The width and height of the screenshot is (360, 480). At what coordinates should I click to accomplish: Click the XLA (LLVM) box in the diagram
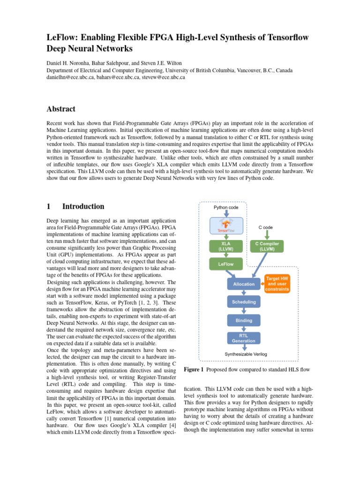point(226,246)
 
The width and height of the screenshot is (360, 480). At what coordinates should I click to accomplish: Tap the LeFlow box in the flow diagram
point(226,264)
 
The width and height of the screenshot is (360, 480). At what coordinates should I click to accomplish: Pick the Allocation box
point(244,284)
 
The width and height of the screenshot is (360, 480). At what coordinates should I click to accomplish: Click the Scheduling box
point(244,302)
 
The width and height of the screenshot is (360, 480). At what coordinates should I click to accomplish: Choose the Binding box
point(244,321)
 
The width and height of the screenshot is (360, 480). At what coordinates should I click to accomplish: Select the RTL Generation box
point(244,338)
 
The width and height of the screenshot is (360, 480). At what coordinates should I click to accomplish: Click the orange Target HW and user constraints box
point(277,284)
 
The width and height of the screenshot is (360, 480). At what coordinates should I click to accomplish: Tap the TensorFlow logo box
point(226,225)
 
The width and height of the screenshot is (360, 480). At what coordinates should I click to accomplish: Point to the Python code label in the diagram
point(226,207)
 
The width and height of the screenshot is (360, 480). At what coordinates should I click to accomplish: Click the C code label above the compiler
point(266,227)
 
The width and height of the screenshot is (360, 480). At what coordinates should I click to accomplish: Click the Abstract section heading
point(61,109)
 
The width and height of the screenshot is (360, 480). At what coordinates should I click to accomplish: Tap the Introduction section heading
point(83,206)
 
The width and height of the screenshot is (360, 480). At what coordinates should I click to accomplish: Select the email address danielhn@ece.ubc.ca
point(69,77)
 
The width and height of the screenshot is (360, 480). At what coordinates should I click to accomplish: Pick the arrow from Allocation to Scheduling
point(244,293)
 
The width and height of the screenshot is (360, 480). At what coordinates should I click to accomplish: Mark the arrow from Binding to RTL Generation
point(244,329)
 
